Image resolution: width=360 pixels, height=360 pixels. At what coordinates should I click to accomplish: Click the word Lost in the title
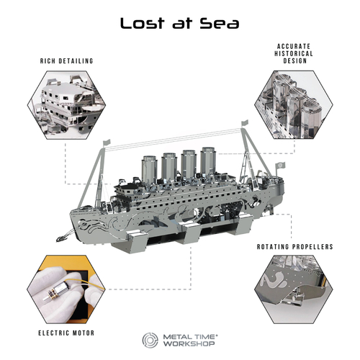143,23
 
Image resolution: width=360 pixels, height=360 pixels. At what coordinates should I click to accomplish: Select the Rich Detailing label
66,61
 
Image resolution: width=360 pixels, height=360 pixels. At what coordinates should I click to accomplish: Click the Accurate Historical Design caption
294,53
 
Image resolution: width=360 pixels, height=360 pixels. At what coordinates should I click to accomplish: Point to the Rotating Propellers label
295,247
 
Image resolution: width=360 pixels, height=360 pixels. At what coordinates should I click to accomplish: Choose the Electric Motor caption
66,333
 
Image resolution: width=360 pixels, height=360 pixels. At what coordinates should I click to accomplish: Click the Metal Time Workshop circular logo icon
150,340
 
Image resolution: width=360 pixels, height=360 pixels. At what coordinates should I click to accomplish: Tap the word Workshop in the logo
189,343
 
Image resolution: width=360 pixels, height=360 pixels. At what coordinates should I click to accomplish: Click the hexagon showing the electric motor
66,289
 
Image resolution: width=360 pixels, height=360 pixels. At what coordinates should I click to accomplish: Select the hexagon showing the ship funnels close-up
294,104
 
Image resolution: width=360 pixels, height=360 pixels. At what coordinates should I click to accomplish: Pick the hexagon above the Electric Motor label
66,289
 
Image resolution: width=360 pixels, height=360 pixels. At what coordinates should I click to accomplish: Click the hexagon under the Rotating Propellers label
294,289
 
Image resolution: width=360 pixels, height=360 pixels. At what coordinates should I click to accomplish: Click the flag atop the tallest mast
246,123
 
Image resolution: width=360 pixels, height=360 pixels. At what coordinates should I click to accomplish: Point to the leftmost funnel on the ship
149,169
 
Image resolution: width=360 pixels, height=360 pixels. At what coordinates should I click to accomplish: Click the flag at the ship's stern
280,166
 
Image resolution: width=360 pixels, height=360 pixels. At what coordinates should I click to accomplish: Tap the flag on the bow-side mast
107,142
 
